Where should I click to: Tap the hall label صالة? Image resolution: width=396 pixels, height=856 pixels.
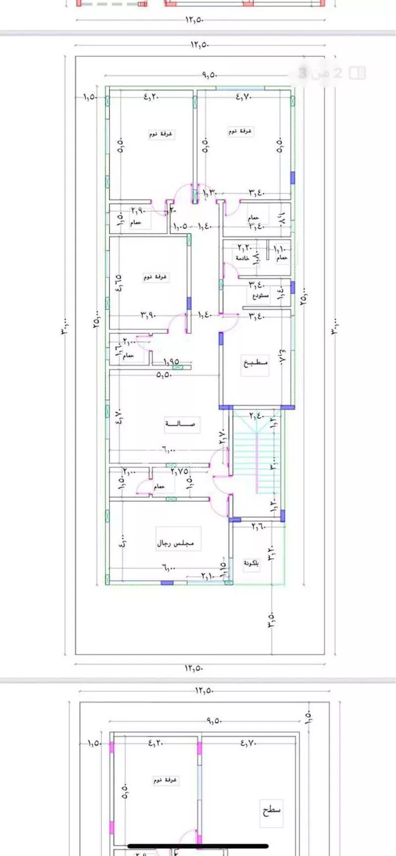(x=181, y=424)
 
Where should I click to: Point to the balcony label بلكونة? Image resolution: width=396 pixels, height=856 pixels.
(x=252, y=564)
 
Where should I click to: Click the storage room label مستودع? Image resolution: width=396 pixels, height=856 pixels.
(x=259, y=296)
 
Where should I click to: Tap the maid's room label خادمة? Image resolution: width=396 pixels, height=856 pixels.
(x=243, y=258)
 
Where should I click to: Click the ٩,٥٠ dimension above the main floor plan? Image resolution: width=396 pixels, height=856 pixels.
(x=210, y=75)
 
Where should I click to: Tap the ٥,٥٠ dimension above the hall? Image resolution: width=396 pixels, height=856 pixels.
(x=164, y=375)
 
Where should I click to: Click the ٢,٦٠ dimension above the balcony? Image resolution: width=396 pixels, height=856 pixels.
(x=258, y=526)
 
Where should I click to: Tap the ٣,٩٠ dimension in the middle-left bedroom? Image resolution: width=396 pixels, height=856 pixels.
(x=149, y=315)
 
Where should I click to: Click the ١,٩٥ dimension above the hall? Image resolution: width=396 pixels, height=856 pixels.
(x=171, y=362)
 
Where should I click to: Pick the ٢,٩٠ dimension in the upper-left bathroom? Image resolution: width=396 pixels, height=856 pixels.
(x=138, y=211)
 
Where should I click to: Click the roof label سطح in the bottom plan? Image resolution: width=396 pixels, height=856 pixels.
(x=271, y=809)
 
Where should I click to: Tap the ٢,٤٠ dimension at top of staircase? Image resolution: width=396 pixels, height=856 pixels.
(x=257, y=416)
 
